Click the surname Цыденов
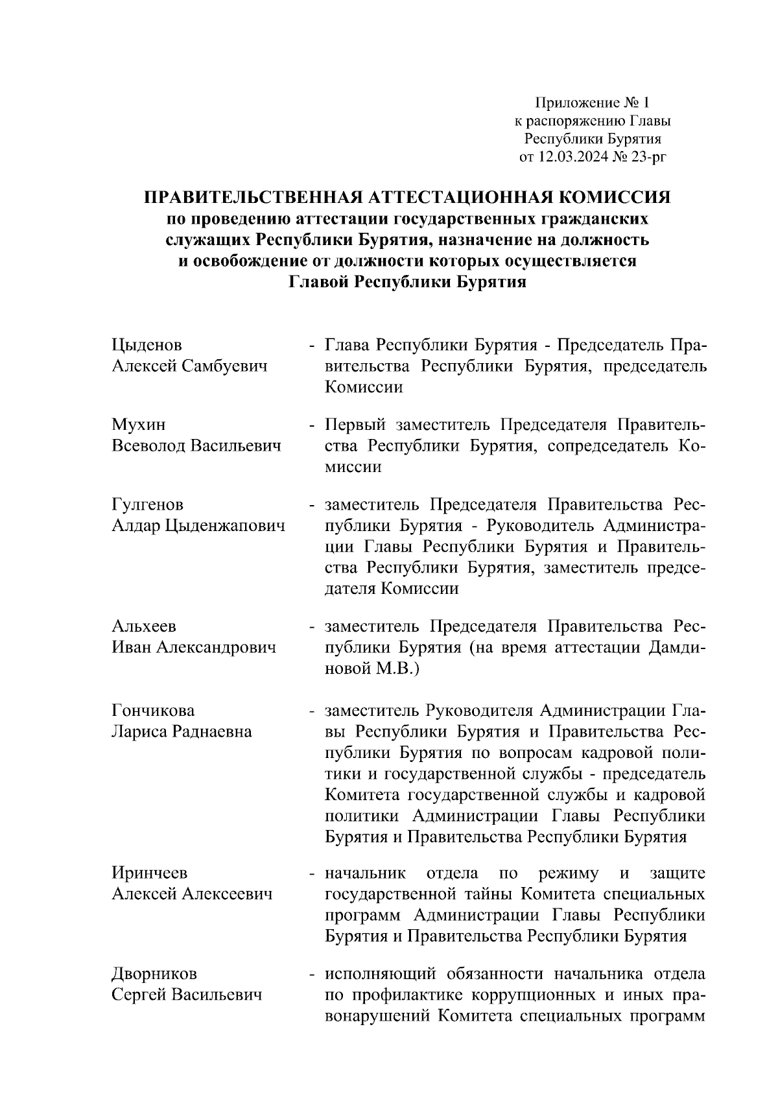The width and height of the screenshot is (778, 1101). pos(147,345)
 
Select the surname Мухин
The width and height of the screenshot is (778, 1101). pos(139,425)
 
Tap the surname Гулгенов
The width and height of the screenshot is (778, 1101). pos(148,504)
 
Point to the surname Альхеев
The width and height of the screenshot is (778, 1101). pos(144,626)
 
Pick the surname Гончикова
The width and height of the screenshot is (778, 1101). pos(153,711)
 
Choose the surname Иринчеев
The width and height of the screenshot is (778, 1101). pos(150,873)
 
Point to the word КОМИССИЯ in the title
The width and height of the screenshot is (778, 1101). pos(615,198)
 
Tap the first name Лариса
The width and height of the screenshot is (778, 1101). pos(139,732)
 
